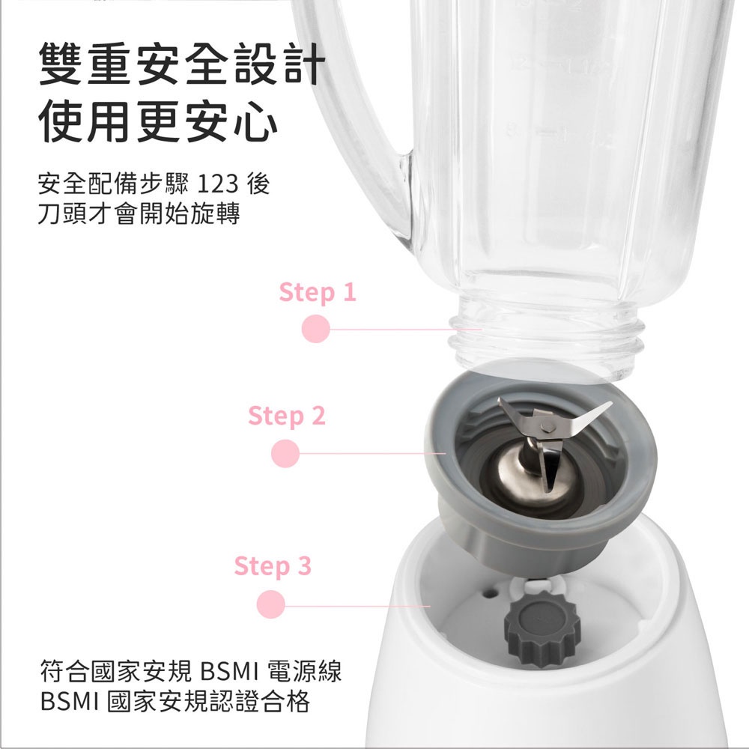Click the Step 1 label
(x=318, y=292)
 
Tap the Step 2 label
(x=287, y=416)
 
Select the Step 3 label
(x=273, y=566)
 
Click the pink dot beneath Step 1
(x=316, y=329)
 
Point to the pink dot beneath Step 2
(x=285, y=453)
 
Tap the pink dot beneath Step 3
(x=271, y=604)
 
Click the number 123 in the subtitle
(x=217, y=184)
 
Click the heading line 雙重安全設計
(x=182, y=64)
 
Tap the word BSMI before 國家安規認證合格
(x=70, y=702)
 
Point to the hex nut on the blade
(x=548, y=425)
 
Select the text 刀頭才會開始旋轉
(x=139, y=213)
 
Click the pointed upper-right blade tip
(x=610, y=404)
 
